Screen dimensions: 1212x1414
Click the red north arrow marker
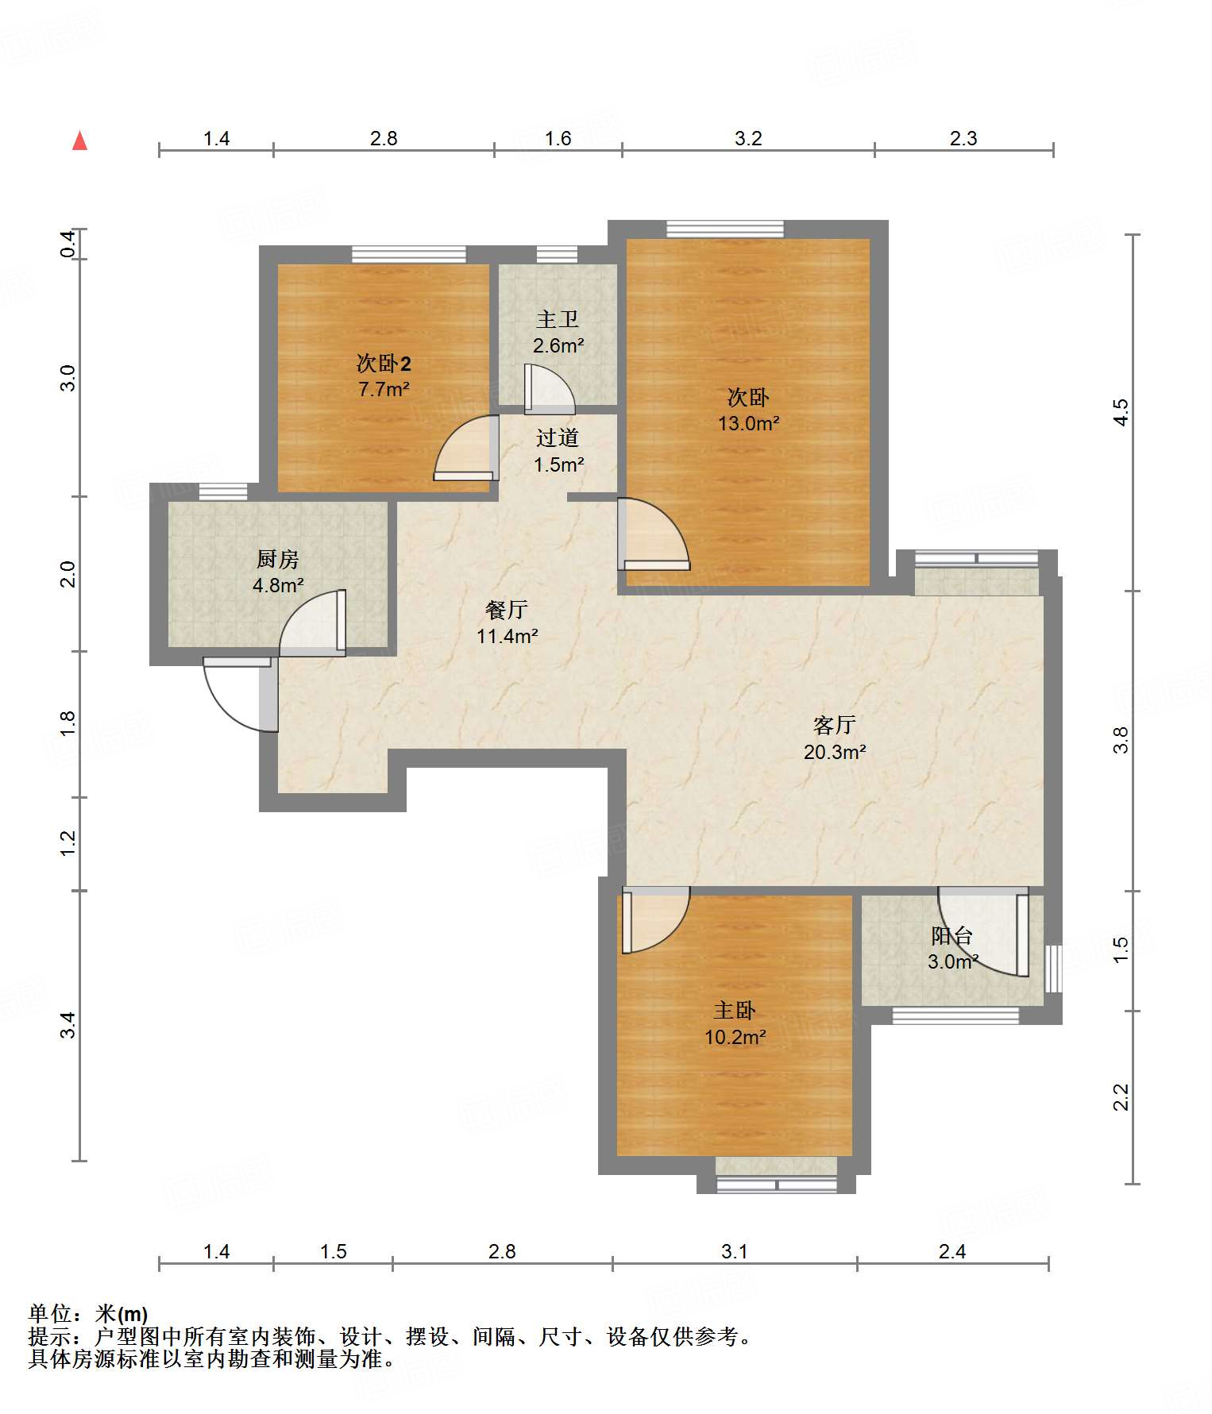pyautogui.click(x=79, y=141)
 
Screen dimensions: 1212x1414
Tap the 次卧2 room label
pyautogui.click(x=384, y=364)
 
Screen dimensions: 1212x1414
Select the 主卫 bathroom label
pyautogui.click(x=558, y=319)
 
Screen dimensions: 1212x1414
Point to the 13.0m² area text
pyautogui.click(x=748, y=423)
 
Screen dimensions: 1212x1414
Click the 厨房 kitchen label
pyautogui.click(x=278, y=559)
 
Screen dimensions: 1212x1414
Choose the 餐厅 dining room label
pyautogui.click(x=507, y=610)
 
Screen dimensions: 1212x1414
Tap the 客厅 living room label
pyautogui.click(x=835, y=725)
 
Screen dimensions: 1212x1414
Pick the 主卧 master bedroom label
pyautogui.click(x=735, y=1010)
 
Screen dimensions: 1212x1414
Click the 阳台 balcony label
pyautogui.click(x=952, y=935)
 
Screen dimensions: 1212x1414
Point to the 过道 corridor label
pyautogui.click(x=558, y=437)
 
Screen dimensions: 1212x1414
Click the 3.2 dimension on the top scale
pyautogui.click(x=748, y=138)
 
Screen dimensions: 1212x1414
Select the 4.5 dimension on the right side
pyautogui.click(x=1120, y=412)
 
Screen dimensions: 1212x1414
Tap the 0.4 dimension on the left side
pyautogui.click(x=68, y=243)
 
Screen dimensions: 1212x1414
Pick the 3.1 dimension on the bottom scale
pyautogui.click(x=735, y=1251)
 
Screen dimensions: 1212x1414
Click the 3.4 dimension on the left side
pyautogui.click(x=68, y=1024)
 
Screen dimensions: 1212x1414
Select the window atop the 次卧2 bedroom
pyautogui.click(x=409, y=255)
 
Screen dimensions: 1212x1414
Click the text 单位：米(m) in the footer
pyautogui.click(x=88, y=1314)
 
